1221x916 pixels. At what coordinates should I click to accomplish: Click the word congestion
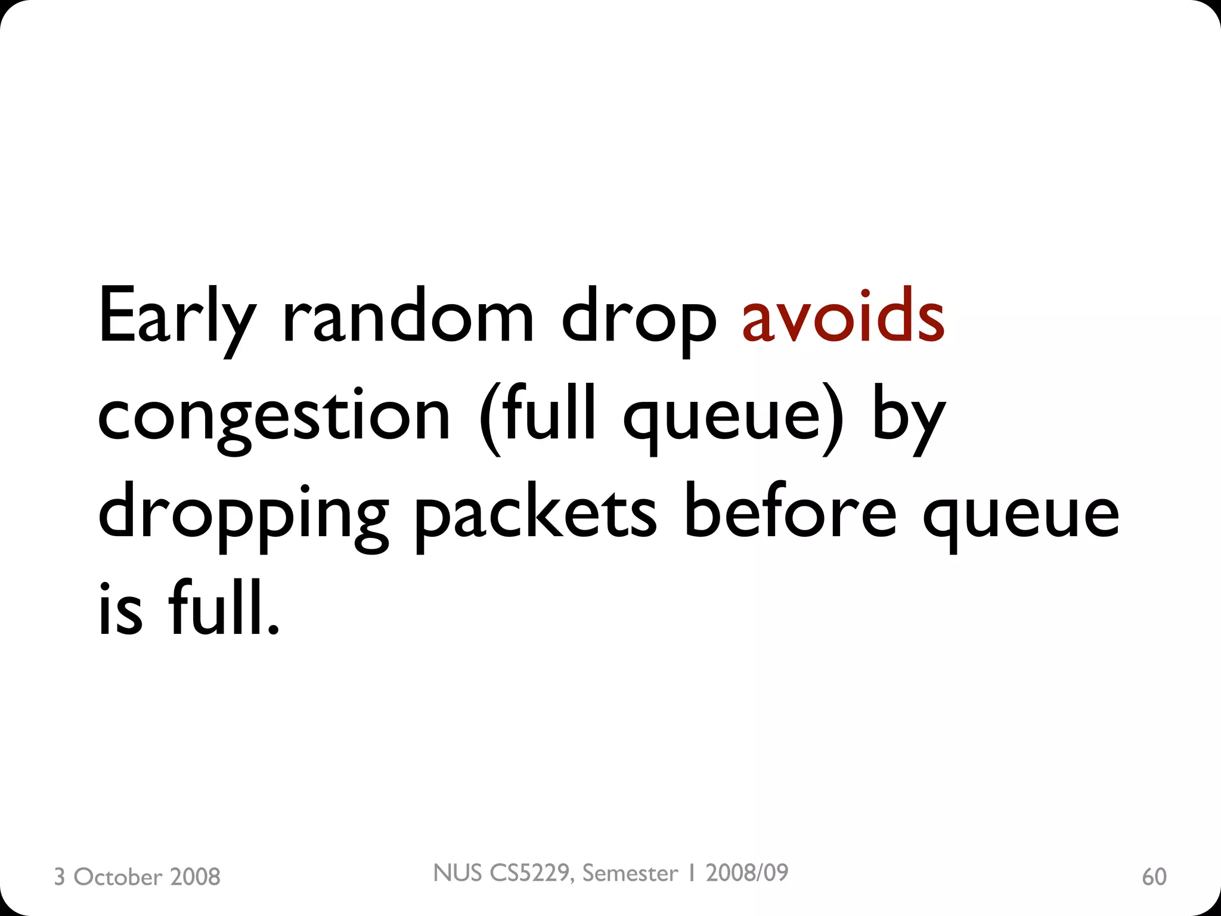pyautogui.click(x=274, y=417)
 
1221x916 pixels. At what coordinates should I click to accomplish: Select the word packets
pyautogui.click(x=535, y=514)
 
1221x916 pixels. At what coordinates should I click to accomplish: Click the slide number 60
pyautogui.click(x=1154, y=877)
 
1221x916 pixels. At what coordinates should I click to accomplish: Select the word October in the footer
pyautogui.click(x=117, y=877)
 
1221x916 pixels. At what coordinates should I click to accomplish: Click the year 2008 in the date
pyautogui.click(x=195, y=877)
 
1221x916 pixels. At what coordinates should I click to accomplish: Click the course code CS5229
pyautogui.click(x=528, y=873)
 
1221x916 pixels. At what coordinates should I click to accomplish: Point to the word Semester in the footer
pyautogui.click(x=630, y=873)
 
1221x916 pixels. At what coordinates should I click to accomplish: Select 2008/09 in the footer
pyautogui.click(x=746, y=873)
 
